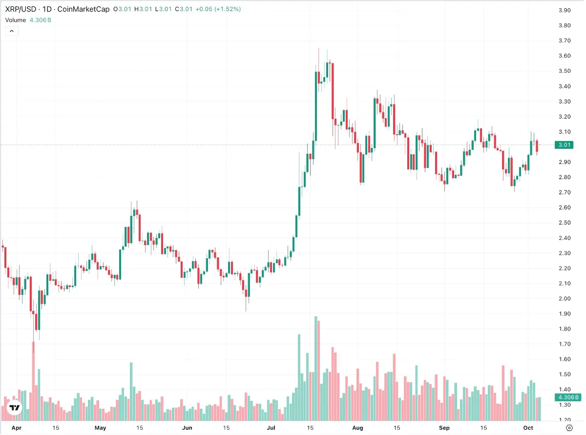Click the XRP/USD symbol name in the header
pyautogui.click(x=21, y=9)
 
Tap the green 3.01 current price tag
pyautogui.click(x=564, y=145)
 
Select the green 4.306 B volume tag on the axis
pyautogui.click(x=568, y=397)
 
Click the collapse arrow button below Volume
pyautogui.click(x=12, y=31)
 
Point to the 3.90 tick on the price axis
pyautogui.click(x=565, y=10)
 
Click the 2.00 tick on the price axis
pyautogui.click(x=565, y=298)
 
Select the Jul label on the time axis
pyautogui.click(x=271, y=428)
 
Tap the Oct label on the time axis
pyautogui.click(x=528, y=428)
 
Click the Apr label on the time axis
pyautogui.click(x=17, y=428)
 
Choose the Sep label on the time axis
pyautogui.click(x=444, y=428)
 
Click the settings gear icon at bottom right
pyautogui.click(x=569, y=428)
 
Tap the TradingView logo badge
pyautogui.click(x=14, y=408)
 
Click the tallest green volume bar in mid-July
pyautogui.click(x=316, y=369)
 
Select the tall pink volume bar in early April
pyautogui.click(x=34, y=381)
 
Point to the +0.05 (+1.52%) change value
pyautogui.click(x=218, y=9)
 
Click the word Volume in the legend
pyautogui.click(x=16, y=20)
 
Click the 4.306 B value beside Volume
pyautogui.click(x=41, y=20)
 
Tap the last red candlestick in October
pyautogui.click(x=537, y=146)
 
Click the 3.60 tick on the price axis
pyautogui.click(x=565, y=56)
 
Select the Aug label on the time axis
pyautogui.click(x=357, y=428)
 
